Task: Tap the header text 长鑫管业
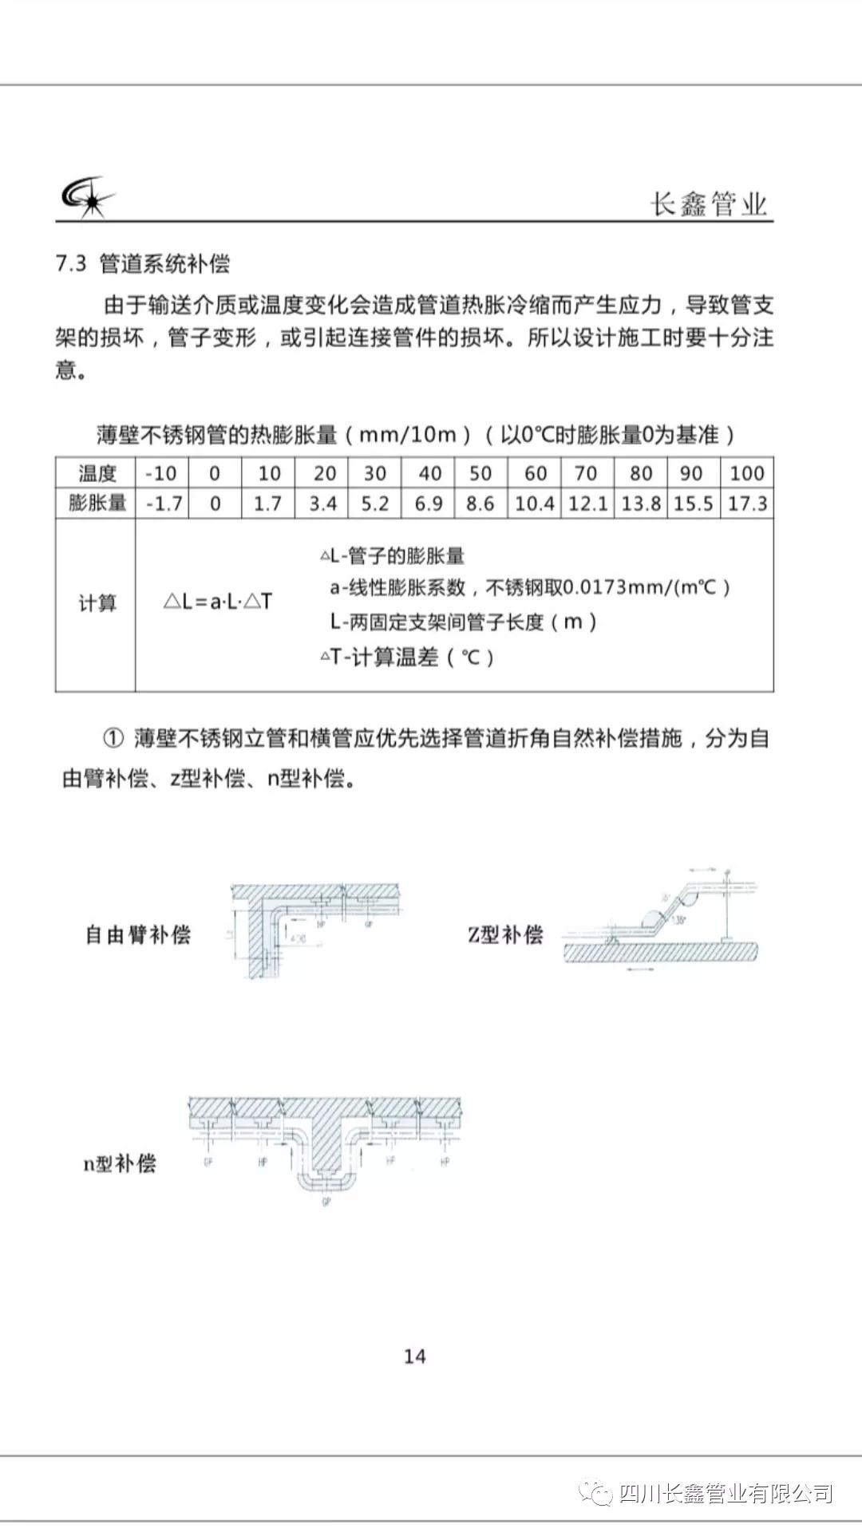(x=709, y=203)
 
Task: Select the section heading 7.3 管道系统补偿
(x=143, y=264)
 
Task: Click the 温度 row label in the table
(x=97, y=473)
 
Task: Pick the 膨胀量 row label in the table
(x=97, y=503)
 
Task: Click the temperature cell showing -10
(x=161, y=473)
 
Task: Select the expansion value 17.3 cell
(x=747, y=503)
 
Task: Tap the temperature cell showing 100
(x=747, y=473)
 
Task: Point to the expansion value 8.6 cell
(x=480, y=503)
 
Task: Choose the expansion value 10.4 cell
(x=535, y=503)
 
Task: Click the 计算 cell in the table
(x=97, y=603)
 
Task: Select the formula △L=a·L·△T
(x=218, y=602)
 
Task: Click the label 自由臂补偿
(x=138, y=934)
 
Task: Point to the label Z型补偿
(x=505, y=934)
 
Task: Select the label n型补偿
(x=120, y=1163)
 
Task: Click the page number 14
(x=415, y=1356)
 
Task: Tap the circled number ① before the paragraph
(x=113, y=738)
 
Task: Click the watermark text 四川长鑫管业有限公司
(x=726, y=1493)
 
